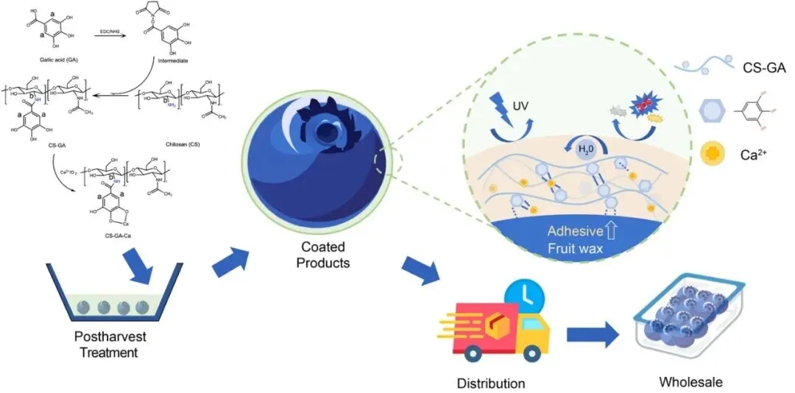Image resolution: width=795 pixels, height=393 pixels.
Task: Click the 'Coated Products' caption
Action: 321,254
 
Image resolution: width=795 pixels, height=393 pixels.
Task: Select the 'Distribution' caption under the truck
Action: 491,383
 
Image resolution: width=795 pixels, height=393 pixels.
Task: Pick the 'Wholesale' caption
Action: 690,381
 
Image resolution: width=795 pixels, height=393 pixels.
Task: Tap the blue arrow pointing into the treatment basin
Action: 139,265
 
